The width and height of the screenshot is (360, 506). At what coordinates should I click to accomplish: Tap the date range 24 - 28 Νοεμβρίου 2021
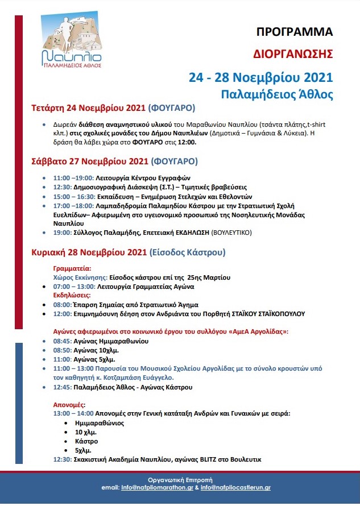click(261, 76)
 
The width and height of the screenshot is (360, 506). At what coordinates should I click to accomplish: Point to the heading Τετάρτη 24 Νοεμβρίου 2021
click(88, 107)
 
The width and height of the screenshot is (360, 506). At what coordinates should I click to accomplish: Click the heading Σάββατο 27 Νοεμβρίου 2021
click(89, 161)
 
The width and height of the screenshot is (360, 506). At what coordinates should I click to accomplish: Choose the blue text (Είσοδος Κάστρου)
click(188, 251)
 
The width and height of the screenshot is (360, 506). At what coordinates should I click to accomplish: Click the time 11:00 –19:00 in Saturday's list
click(77, 177)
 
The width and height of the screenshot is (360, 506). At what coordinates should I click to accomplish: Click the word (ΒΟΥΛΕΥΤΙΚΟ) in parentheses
click(230, 233)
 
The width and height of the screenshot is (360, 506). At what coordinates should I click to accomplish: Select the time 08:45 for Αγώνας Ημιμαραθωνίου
click(63, 341)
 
